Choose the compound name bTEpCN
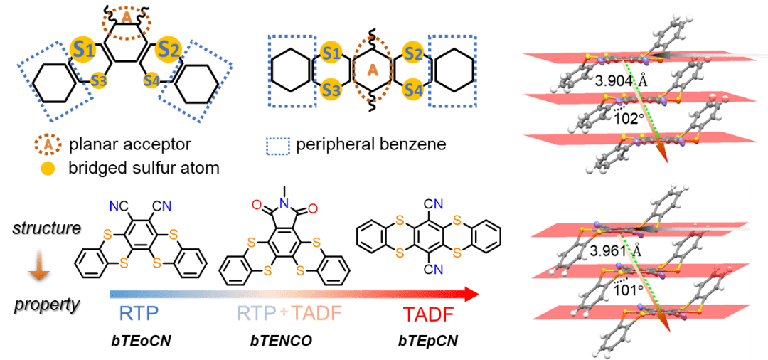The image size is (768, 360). (x=427, y=342)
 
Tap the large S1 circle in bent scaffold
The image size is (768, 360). (x=81, y=48)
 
